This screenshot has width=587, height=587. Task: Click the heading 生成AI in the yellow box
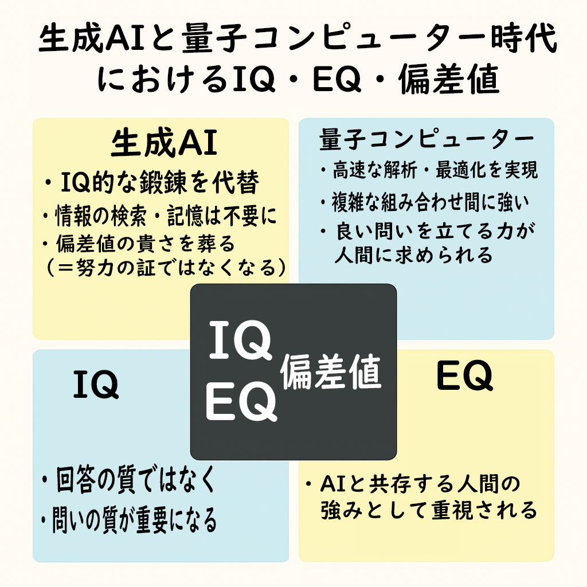point(164,143)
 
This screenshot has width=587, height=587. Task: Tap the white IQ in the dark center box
point(240,341)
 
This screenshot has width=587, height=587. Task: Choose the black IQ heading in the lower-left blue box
point(96,384)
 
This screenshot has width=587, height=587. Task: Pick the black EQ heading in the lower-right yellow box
point(464,376)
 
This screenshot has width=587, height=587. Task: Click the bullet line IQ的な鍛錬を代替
point(151,182)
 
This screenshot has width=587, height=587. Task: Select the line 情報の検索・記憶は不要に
point(160,216)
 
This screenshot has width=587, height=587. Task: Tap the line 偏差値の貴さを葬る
point(139,243)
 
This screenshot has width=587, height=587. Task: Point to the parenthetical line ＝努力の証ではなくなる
point(167,267)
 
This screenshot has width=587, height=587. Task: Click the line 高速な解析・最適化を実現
point(429,170)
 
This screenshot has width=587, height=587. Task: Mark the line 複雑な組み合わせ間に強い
point(425,202)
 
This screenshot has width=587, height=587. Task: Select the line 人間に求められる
point(413,255)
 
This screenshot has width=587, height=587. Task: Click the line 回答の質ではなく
point(128,479)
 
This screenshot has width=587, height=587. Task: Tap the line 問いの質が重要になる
point(129,520)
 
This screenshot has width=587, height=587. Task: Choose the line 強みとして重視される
point(429,510)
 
